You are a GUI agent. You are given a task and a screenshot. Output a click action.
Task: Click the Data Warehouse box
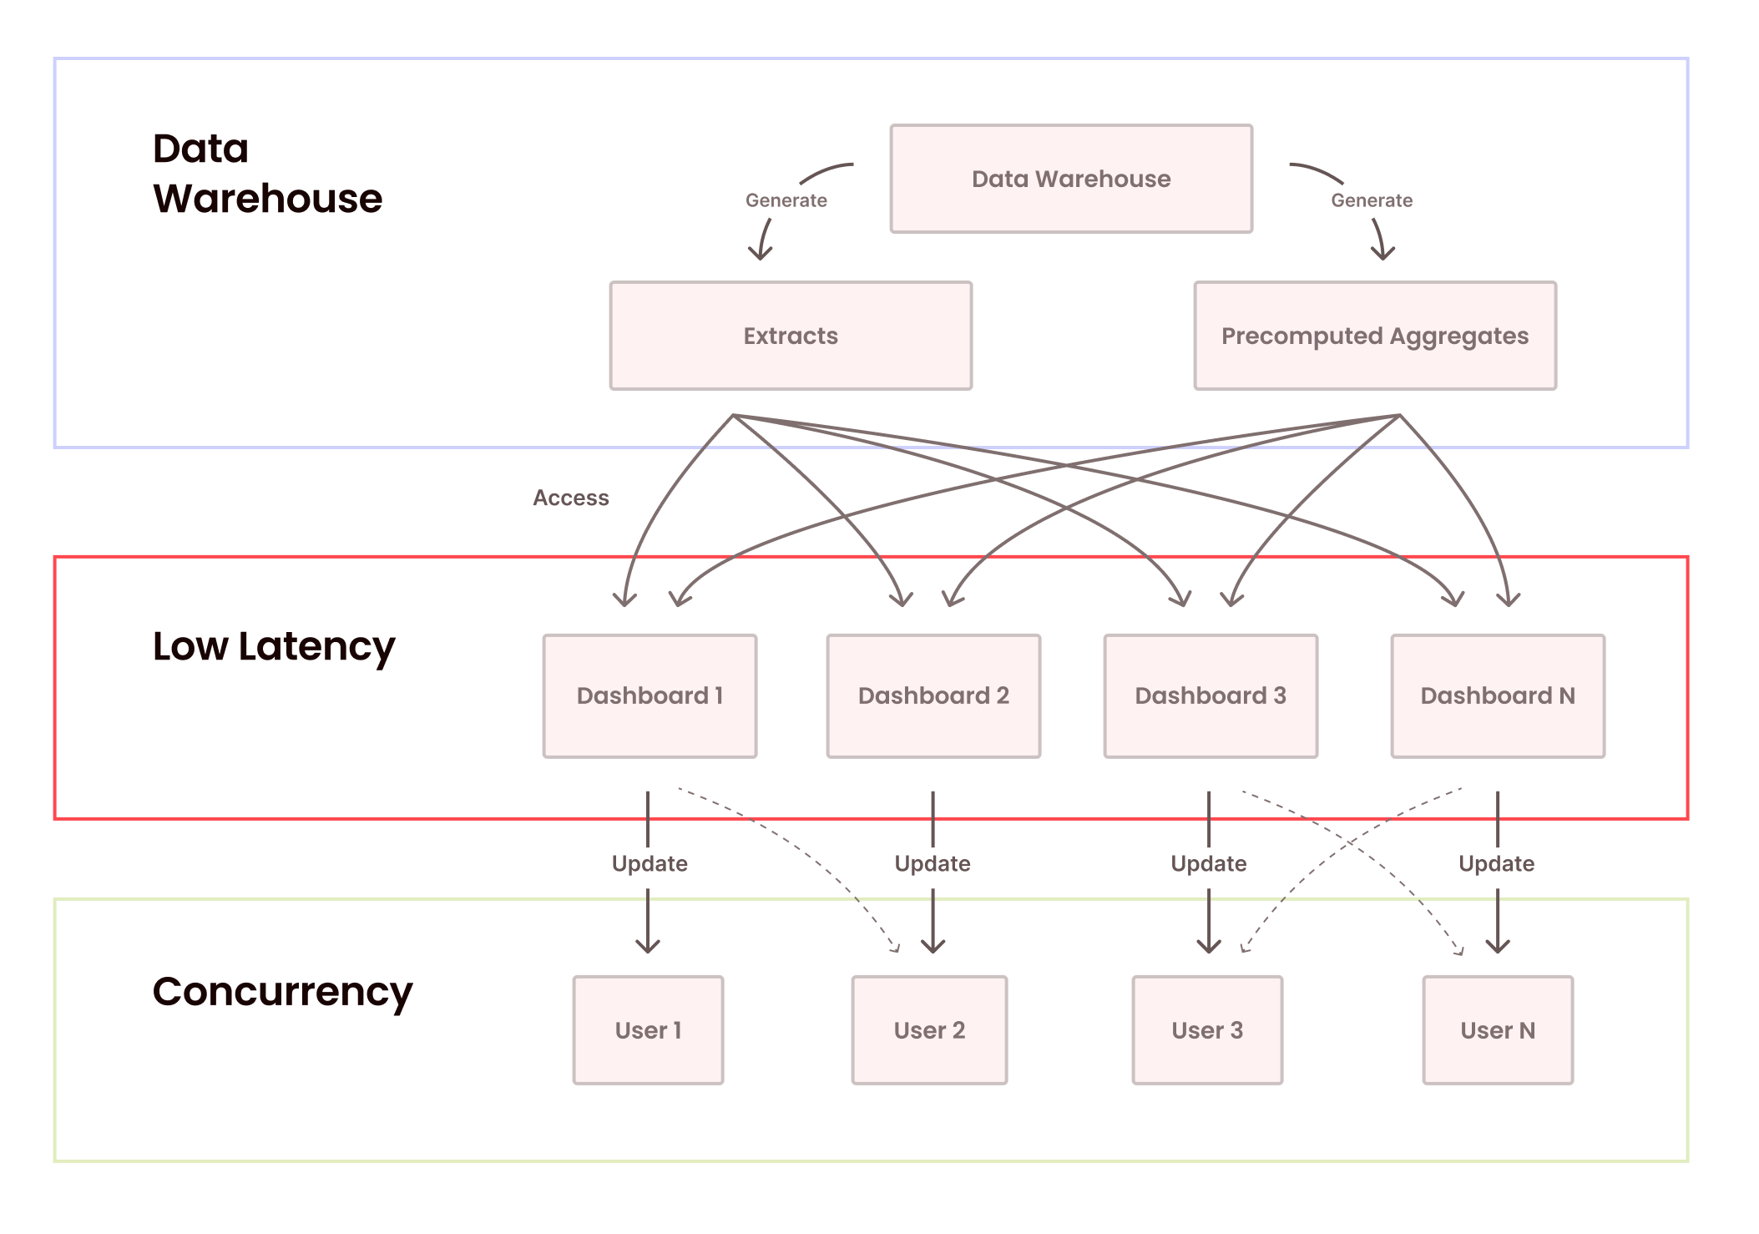(1071, 179)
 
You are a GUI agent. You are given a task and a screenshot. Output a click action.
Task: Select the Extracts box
(791, 336)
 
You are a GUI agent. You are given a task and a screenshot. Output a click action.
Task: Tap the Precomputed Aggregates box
(1375, 336)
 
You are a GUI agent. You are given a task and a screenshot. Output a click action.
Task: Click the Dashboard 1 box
(650, 695)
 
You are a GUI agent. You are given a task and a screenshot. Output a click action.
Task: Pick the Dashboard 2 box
(933, 695)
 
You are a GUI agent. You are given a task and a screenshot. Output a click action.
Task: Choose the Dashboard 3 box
(1211, 695)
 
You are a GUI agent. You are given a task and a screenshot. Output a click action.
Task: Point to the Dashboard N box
(1498, 695)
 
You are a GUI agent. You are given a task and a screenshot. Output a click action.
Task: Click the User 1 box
(648, 1030)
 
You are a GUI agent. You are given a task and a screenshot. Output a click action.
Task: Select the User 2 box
(929, 1030)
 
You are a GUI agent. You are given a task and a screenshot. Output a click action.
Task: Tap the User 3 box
(1207, 1030)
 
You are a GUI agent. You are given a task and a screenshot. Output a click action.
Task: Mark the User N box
(1498, 1030)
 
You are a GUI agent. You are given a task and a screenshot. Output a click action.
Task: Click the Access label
(571, 498)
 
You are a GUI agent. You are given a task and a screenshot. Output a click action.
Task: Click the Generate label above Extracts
(786, 200)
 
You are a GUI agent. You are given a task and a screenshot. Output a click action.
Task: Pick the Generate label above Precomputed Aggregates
(1372, 200)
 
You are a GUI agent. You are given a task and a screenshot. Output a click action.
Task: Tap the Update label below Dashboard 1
(650, 863)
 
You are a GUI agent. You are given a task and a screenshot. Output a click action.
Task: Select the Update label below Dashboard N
(1496, 863)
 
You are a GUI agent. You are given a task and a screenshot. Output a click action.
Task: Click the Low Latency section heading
(274, 647)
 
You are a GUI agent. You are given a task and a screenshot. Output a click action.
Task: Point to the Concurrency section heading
(282, 992)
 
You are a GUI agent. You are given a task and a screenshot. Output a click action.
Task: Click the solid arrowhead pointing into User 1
(648, 948)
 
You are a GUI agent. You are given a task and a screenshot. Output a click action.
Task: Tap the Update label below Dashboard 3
(1208, 863)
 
